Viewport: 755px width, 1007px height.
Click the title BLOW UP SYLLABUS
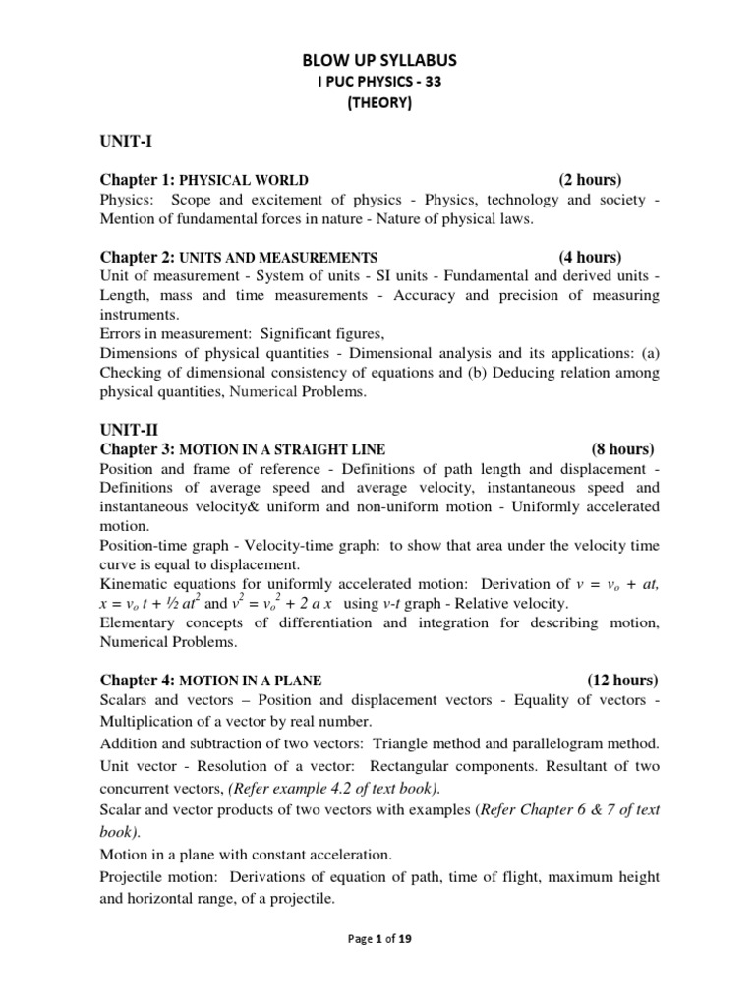point(378,61)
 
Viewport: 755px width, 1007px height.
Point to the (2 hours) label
point(590,180)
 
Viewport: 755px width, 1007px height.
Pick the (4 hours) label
point(590,257)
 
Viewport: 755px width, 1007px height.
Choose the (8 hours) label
point(622,448)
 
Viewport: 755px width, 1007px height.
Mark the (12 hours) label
point(622,680)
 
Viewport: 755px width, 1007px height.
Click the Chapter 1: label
point(138,180)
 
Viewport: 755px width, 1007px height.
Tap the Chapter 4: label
point(138,680)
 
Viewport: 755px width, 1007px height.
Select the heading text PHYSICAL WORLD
point(244,181)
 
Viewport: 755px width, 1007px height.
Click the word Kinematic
point(134,584)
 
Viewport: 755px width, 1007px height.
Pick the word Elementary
point(139,622)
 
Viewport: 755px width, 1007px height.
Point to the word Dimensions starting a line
point(139,353)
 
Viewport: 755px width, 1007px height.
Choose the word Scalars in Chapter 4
point(125,699)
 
